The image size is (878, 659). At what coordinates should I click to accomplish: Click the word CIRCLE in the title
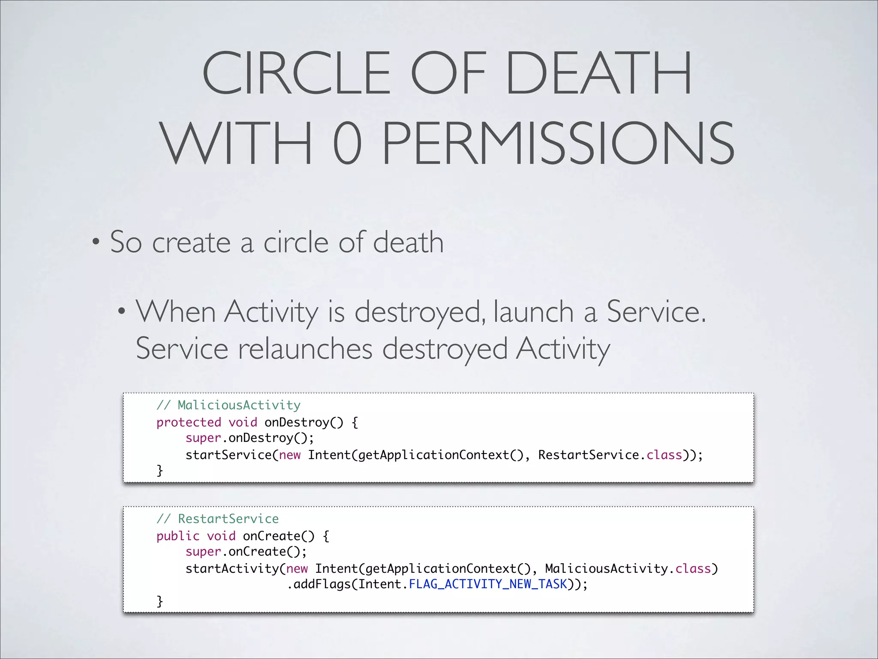pos(296,73)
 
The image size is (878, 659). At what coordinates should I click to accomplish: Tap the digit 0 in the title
pos(347,142)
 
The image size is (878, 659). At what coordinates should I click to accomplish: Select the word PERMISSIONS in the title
pos(558,142)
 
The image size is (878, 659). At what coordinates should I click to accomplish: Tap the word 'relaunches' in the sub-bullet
pos(305,348)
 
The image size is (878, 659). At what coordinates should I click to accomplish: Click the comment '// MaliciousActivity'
pos(229,405)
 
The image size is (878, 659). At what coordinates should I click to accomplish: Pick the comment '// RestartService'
pos(218,519)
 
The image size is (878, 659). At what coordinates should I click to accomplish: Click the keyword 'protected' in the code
pos(189,422)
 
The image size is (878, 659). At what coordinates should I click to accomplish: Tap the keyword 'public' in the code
pos(178,536)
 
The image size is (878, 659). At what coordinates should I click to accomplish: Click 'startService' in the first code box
pos(229,455)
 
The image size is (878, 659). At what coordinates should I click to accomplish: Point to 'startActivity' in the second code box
pos(232,568)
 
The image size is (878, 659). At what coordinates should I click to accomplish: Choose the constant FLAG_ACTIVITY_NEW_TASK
pos(488,584)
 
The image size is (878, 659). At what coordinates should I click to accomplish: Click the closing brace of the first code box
pos(159,471)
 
